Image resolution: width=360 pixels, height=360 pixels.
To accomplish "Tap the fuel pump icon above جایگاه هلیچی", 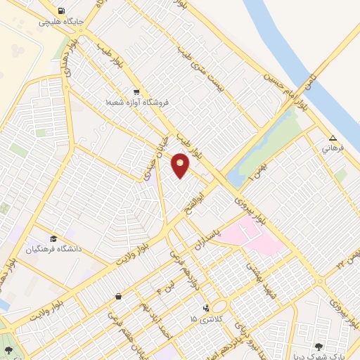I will point(62,11).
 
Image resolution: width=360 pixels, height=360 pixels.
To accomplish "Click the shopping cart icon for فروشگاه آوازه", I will point(136,91).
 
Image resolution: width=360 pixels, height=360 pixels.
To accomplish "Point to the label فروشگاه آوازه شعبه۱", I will point(137,103).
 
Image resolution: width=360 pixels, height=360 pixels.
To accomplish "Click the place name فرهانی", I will point(333,149).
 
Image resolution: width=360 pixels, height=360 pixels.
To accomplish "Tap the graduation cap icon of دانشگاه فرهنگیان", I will point(53,238).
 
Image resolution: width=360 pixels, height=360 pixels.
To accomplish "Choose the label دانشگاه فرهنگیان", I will point(54,250).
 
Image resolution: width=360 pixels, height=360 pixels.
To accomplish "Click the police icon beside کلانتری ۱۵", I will point(206,308).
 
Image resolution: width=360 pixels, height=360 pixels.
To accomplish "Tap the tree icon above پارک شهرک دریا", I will point(320,346).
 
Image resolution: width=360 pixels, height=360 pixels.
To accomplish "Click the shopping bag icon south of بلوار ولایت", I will point(118,296).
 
